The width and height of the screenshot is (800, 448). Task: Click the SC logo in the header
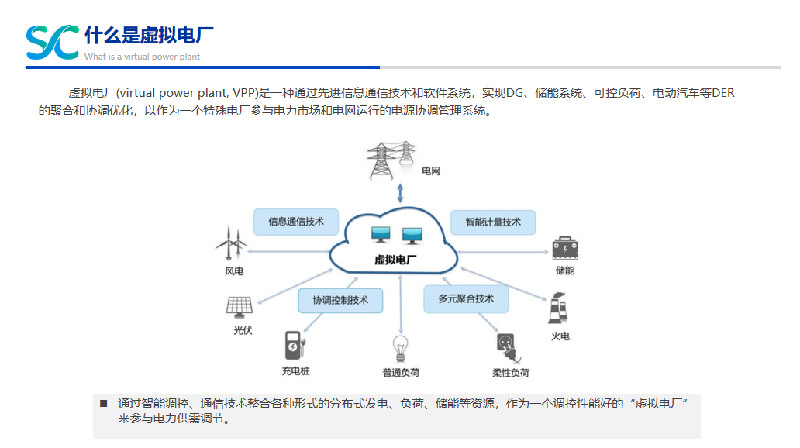tap(52, 42)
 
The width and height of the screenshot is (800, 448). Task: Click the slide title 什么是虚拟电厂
tap(149, 36)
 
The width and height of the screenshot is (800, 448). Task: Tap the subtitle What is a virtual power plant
tap(142, 57)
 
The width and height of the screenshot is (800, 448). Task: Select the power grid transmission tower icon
tap(391, 160)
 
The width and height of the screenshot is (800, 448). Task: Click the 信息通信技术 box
tap(296, 222)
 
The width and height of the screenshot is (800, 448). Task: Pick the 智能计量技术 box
tap(493, 222)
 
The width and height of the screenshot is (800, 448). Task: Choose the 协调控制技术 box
tap(340, 300)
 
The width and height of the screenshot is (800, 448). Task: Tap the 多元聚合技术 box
tap(466, 298)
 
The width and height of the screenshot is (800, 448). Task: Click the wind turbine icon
tap(231, 243)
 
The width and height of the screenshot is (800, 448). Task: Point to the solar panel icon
tap(240, 306)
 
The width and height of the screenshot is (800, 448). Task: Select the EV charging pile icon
tap(293, 346)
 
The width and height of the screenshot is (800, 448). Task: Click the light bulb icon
tap(400, 347)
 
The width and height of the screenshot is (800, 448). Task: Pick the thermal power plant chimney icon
tap(557, 309)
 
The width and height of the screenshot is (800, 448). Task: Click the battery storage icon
tap(565, 248)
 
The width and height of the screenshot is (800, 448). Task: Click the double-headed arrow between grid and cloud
tap(400, 193)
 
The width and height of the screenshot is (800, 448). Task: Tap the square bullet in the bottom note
tap(103, 403)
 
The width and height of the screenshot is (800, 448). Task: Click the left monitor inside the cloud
tap(382, 234)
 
